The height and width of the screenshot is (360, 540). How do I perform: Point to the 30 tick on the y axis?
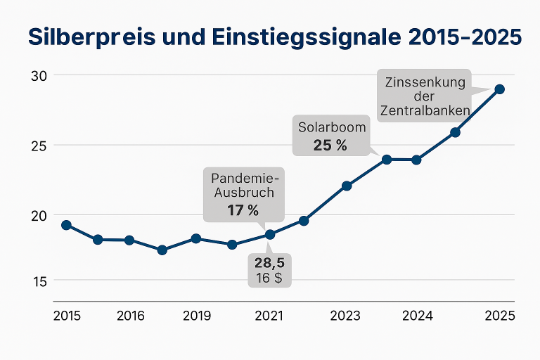click(x=38, y=75)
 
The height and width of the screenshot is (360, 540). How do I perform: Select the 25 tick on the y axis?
click(x=38, y=146)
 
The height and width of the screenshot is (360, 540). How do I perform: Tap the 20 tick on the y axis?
click(x=38, y=216)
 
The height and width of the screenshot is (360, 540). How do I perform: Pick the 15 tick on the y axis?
click(x=38, y=280)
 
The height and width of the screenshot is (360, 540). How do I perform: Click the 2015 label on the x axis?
click(x=67, y=316)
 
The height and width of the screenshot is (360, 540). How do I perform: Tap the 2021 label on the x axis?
click(x=270, y=316)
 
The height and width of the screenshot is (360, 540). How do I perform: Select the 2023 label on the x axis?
click(x=346, y=316)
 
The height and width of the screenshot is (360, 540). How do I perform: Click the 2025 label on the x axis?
click(x=500, y=316)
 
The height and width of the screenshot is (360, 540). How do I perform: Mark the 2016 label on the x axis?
click(x=130, y=316)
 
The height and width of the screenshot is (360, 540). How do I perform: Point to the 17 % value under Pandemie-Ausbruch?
click(x=243, y=210)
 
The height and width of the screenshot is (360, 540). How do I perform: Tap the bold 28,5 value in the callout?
click(x=270, y=263)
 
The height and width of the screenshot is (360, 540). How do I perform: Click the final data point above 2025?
click(x=499, y=89)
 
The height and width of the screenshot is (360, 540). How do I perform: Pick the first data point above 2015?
click(x=66, y=225)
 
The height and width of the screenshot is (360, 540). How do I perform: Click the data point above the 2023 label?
click(x=347, y=186)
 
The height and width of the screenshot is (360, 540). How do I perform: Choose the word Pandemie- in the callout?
click(x=243, y=177)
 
